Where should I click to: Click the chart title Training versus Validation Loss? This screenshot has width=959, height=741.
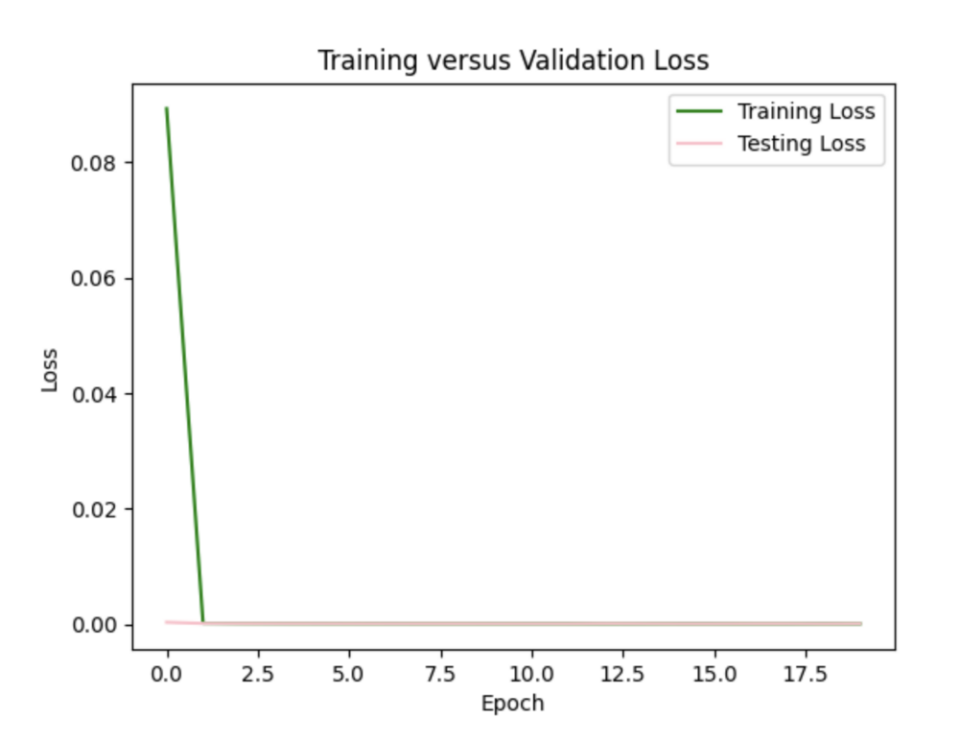(x=513, y=60)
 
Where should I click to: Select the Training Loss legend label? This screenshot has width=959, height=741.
(x=806, y=111)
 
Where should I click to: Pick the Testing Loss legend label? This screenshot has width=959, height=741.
(x=801, y=144)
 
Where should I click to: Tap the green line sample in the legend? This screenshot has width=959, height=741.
(x=699, y=111)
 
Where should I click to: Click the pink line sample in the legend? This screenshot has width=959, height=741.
(x=699, y=144)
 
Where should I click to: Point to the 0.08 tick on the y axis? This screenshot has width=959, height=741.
(x=94, y=163)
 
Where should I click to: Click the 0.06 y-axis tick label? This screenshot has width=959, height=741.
(x=94, y=279)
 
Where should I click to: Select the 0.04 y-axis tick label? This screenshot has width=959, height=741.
(x=94, y=394)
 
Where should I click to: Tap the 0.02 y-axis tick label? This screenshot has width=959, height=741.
(x=94, y=509)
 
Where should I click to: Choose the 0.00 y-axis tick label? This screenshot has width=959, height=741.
(x=94, y=625)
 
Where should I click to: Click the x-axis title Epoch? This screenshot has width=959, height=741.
(x=512, y=704)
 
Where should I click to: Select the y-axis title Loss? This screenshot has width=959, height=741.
(x=50, y=369)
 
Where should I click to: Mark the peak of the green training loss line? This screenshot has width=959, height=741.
(x=167, y=108)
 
